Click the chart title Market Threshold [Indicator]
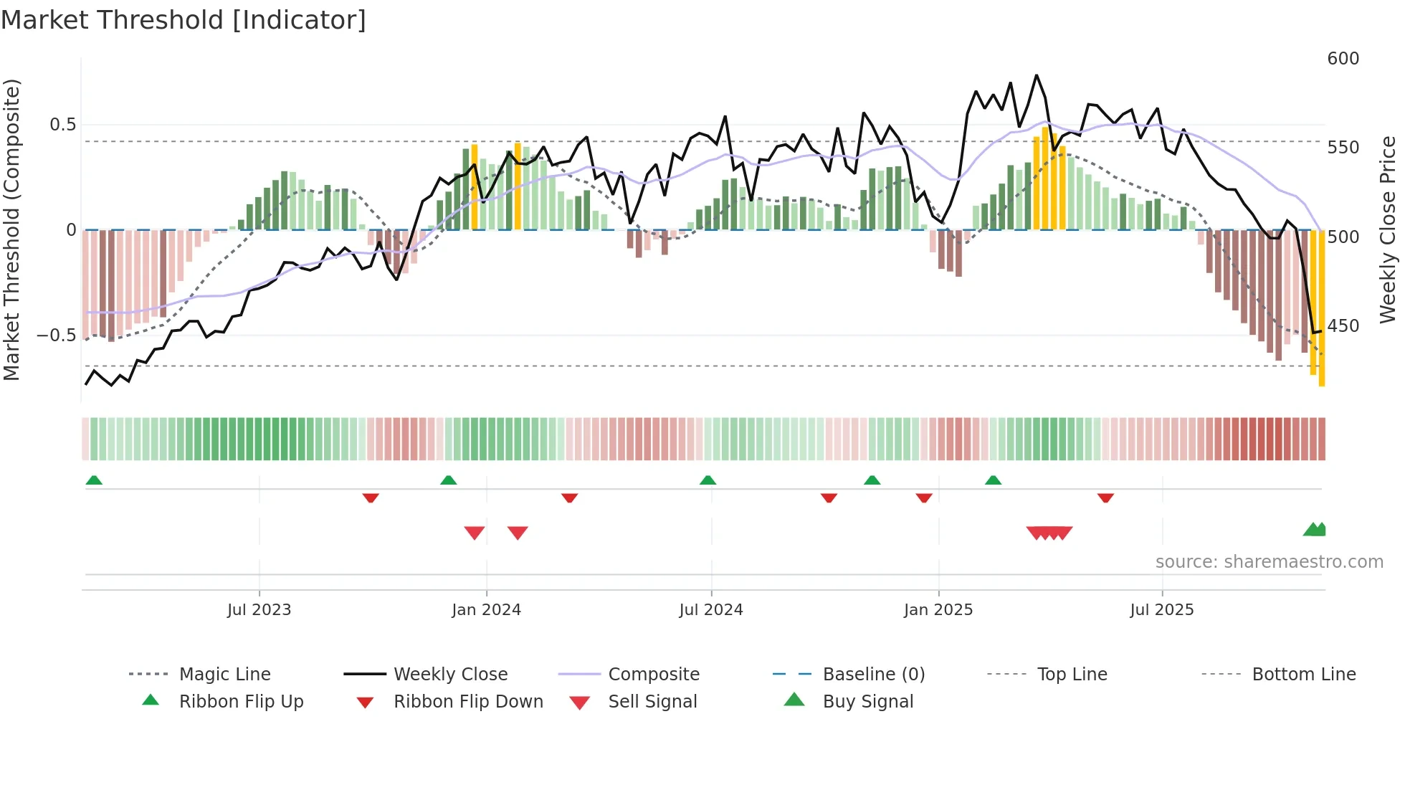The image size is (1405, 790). tap(184, 20)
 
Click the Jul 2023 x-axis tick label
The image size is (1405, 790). tap(259, 610)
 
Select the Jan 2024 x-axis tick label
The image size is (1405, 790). tap(486, 610)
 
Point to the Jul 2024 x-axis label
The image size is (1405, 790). tap(710, 610)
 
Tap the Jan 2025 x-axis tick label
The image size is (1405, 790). tap(938, 610)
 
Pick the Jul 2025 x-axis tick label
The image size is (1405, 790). tap(1161, 610)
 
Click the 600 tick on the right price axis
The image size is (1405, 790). tap(1343, 59)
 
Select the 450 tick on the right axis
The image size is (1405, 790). tap(1343, 326)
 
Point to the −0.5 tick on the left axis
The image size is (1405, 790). tap(57, 335)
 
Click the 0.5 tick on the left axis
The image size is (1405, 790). tap(62, 125)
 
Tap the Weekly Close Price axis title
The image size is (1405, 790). tap(1388, 229)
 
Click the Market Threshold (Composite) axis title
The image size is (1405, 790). tap(11, 229)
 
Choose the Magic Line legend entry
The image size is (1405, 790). tap(224, 675)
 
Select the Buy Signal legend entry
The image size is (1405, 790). tap(867, 702)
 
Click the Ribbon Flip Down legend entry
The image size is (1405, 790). tap(467, 702)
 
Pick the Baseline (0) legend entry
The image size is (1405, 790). tap(873, 675)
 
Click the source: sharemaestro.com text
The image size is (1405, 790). tap(1269, 562)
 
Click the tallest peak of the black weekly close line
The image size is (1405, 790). tap(1036, 75)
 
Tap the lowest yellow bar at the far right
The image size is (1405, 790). tap(1322, 380)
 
